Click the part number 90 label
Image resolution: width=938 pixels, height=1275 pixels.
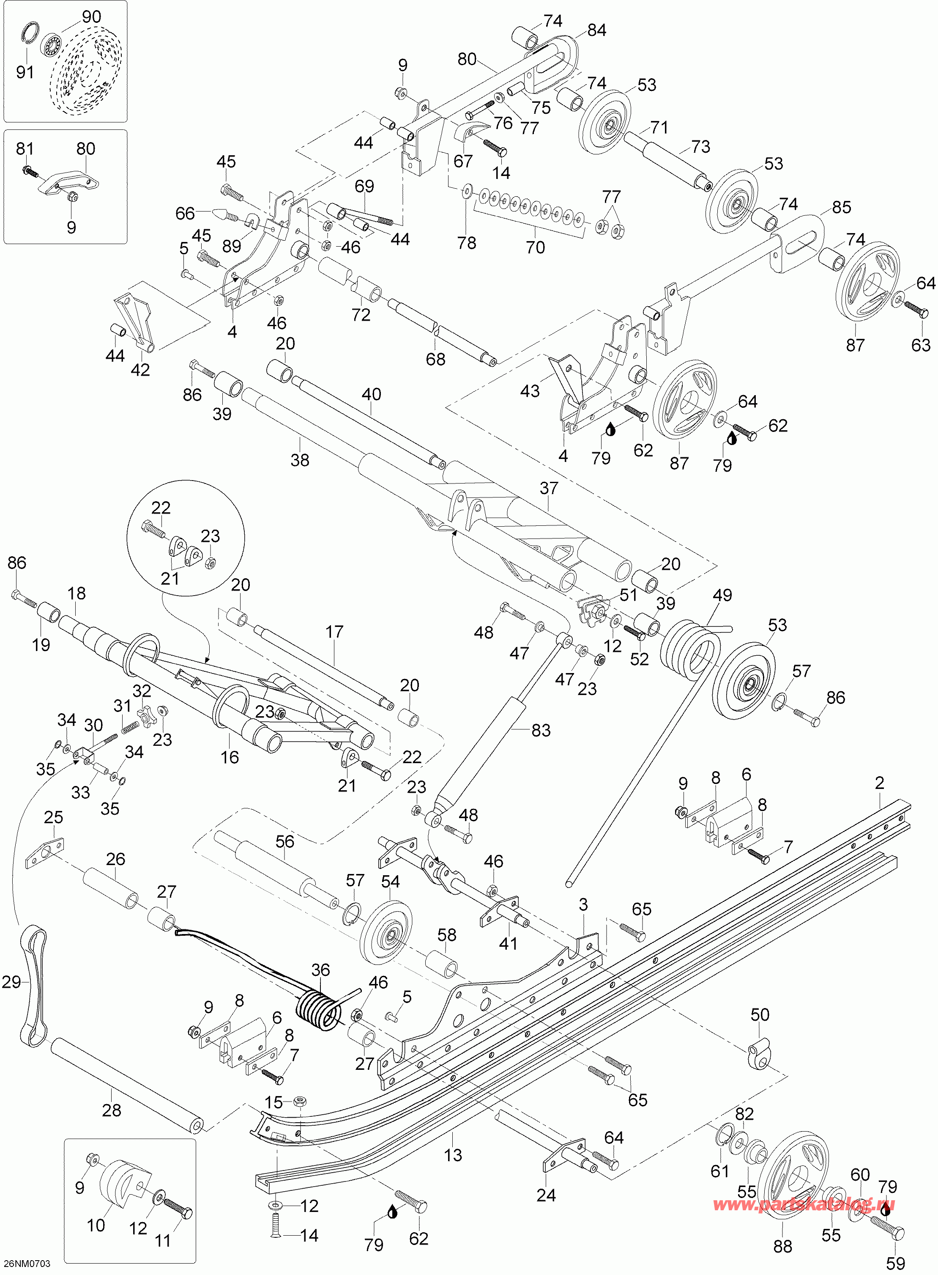[x=91, y=16]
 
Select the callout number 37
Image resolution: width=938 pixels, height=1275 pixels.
[x=549, y=488]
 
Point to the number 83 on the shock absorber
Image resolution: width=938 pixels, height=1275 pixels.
[x=541, y=730]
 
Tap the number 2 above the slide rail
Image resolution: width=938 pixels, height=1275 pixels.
[x=880, y=783]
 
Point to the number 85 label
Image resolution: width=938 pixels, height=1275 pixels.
[x=842, y=207]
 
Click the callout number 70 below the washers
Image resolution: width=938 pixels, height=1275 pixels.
[x=536, y=247]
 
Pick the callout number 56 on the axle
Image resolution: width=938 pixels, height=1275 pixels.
[x=284, y=841]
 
